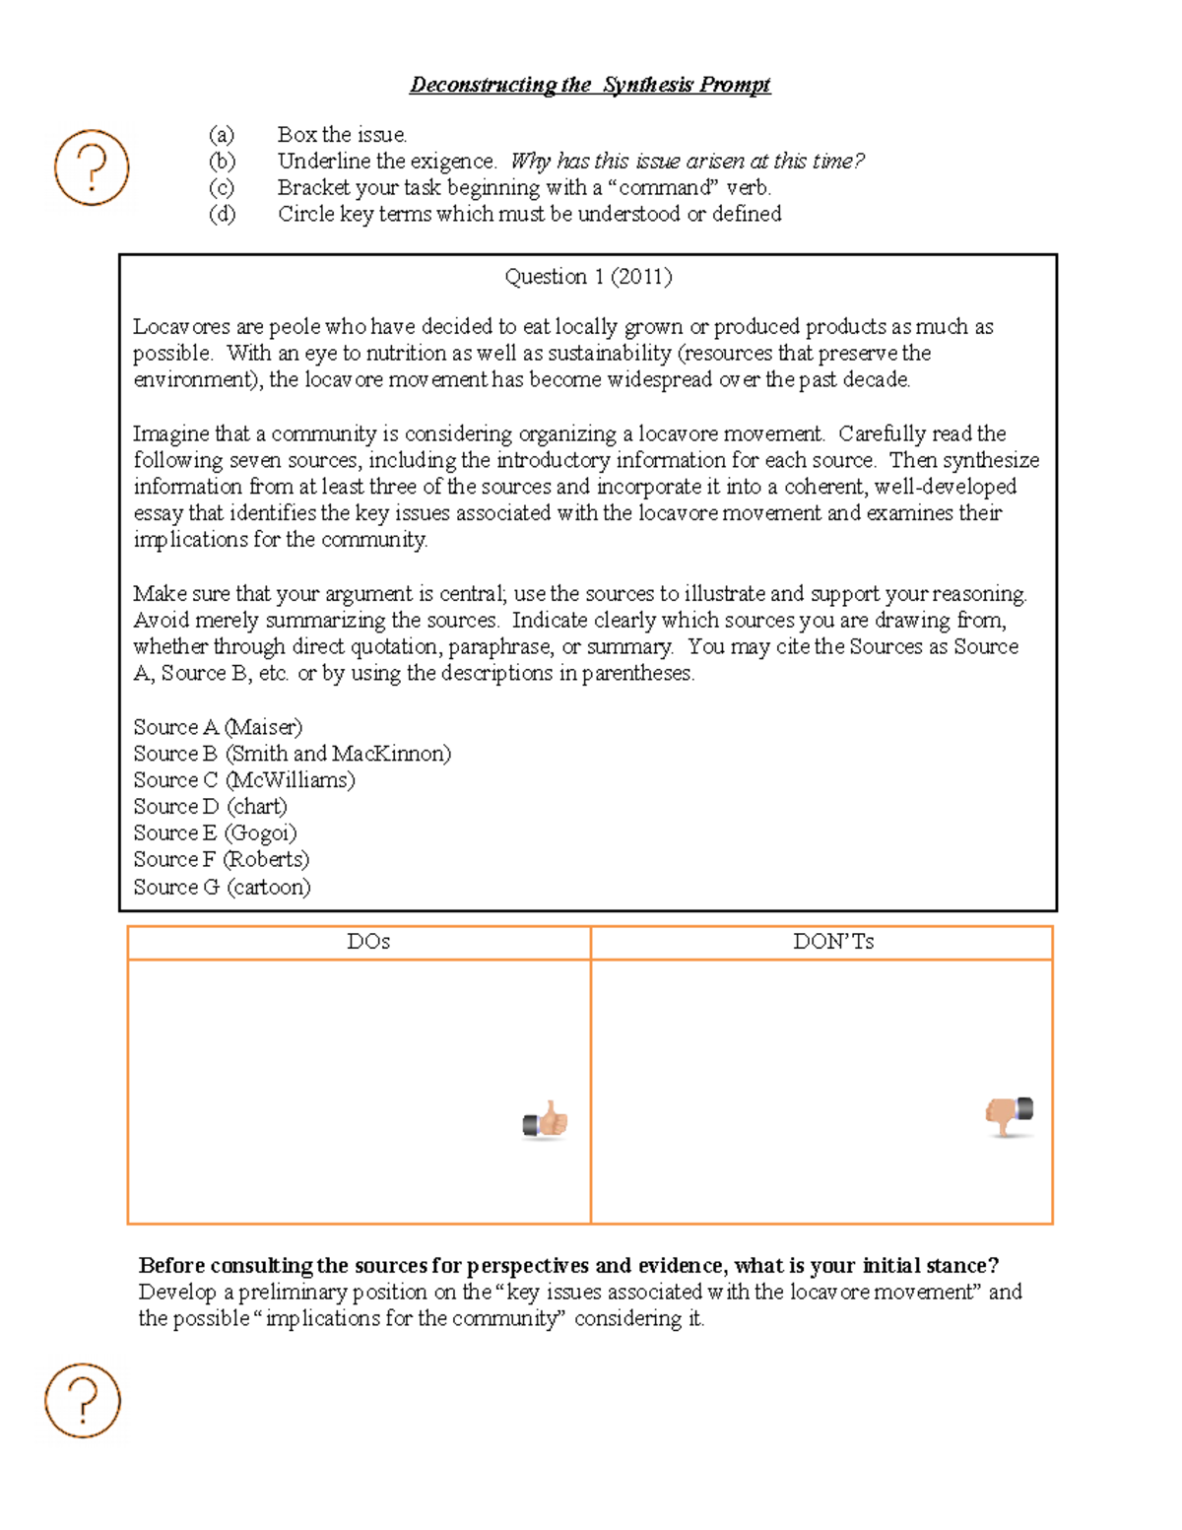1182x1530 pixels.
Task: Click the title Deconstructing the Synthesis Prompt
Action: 589,85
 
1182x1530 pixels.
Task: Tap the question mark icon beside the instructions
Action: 92,167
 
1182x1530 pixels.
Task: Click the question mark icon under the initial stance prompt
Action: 83,1400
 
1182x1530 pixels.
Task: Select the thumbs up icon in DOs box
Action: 546,1121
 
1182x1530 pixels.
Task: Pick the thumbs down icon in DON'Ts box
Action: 1010,1115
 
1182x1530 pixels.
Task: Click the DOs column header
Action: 368,942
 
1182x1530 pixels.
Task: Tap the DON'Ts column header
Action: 833,942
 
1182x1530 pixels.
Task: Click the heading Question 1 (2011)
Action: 588,277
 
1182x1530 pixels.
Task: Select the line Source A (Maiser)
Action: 218,727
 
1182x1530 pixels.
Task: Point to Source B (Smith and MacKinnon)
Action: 292,754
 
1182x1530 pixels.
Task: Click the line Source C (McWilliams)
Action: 244,780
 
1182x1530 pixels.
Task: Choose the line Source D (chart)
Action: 211,807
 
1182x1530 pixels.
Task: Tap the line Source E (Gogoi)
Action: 215,833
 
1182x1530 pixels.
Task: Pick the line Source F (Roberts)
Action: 221,860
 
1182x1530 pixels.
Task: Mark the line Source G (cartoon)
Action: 222,887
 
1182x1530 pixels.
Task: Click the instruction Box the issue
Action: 342,135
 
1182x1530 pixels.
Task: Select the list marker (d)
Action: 222,215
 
